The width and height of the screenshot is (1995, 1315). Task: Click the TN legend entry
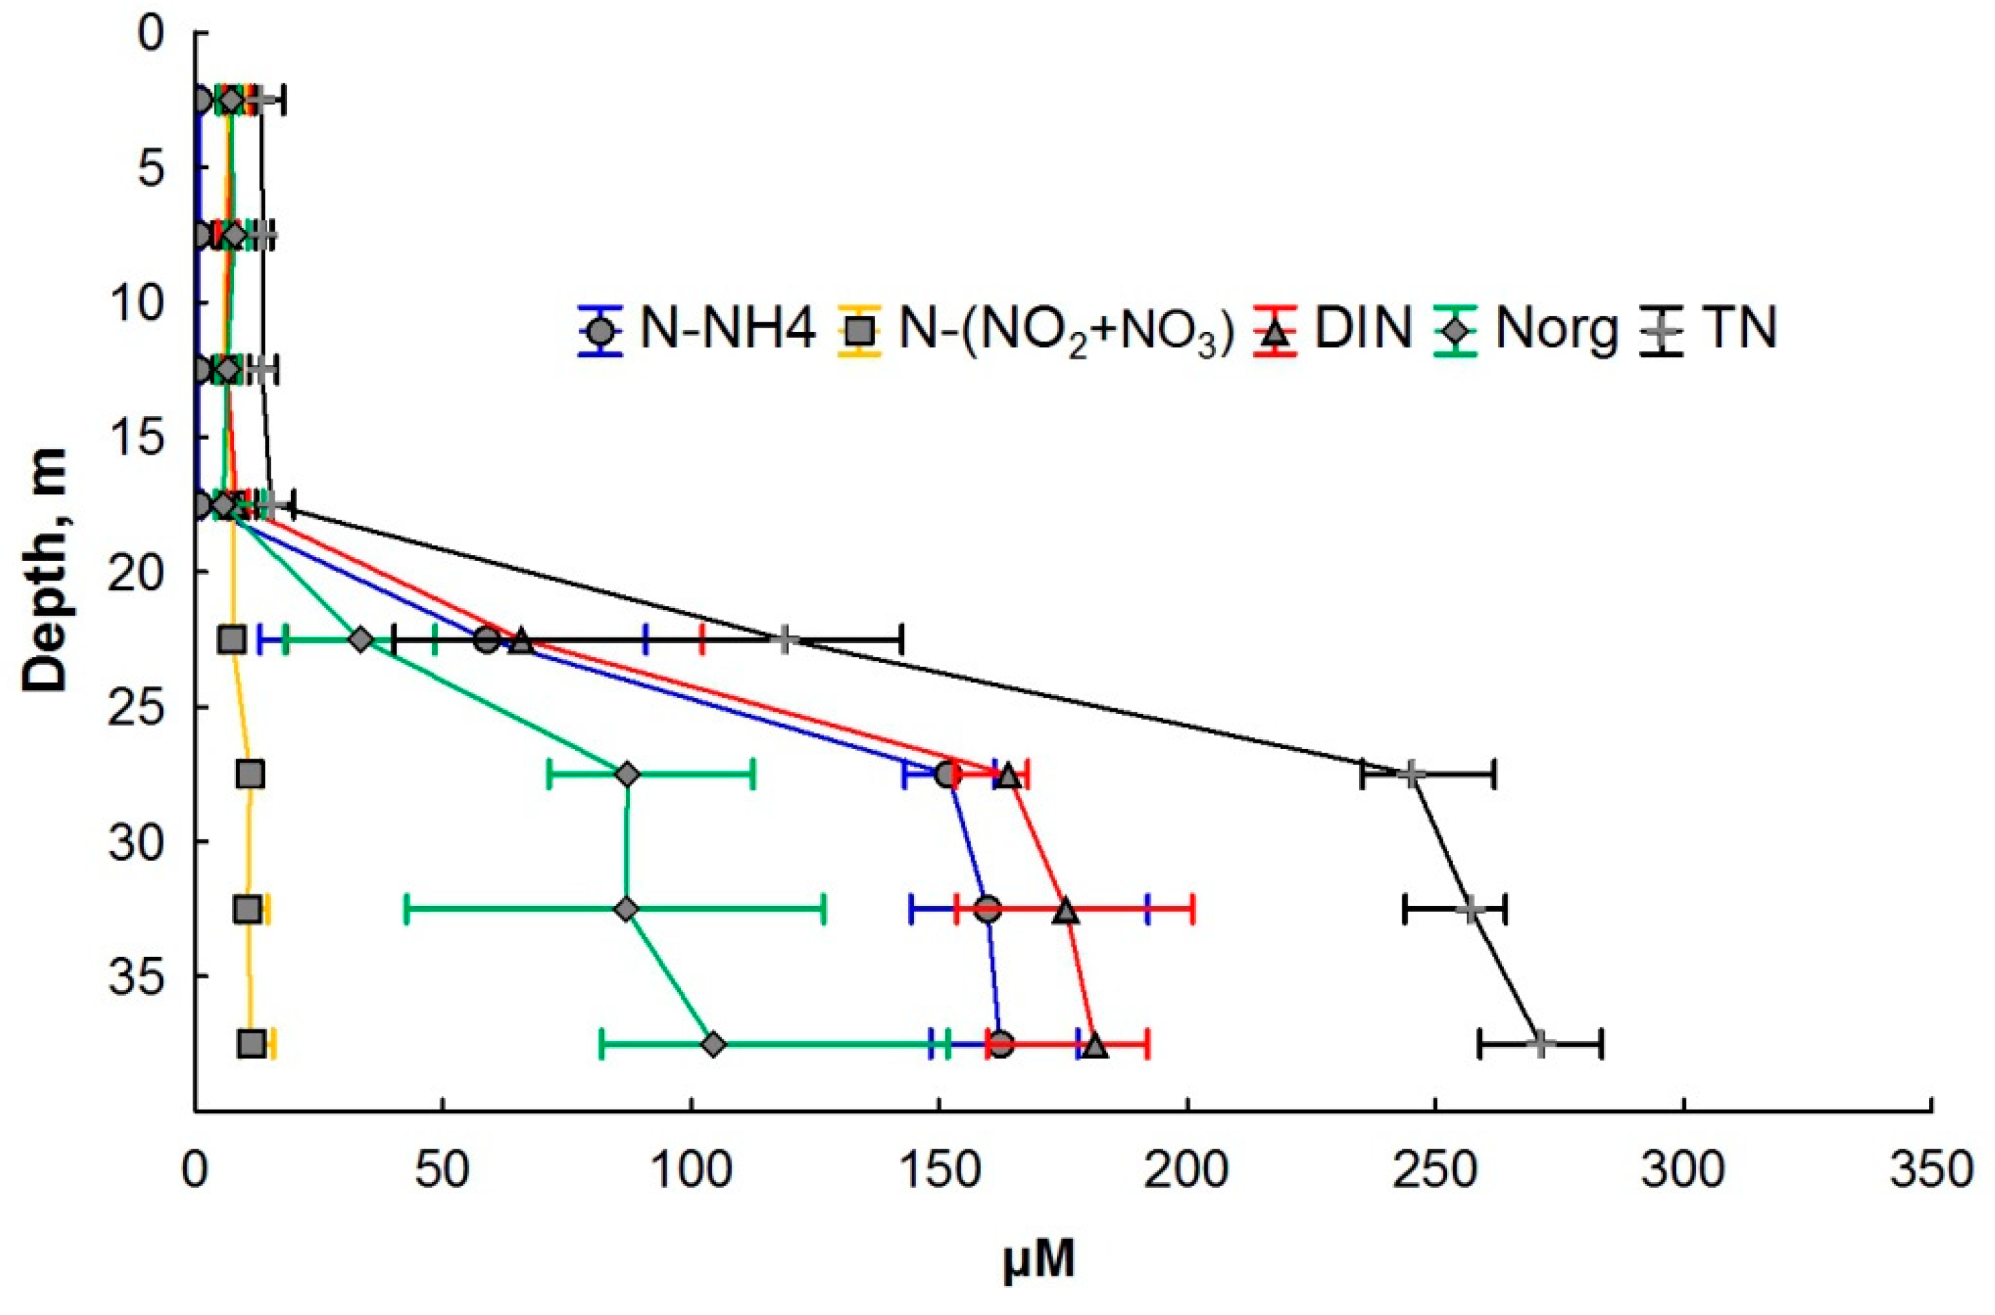click(x=1710, y=328)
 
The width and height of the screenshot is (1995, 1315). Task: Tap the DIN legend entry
click(x=1332, y=328)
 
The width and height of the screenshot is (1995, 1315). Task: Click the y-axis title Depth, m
click(x=46, y=570)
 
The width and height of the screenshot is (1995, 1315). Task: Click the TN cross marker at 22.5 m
click(x=785, y=640)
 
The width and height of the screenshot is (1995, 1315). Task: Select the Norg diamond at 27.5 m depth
click(x=628, y=775)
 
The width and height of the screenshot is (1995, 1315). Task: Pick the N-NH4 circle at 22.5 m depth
click(x=487, y=640)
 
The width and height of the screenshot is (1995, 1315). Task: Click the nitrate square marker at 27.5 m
click(x=250, y=775)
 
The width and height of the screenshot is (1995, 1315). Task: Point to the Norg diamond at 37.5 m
click(x=714, y=1045)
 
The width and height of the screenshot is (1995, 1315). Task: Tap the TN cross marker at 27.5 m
click(x=1412, y=775)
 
